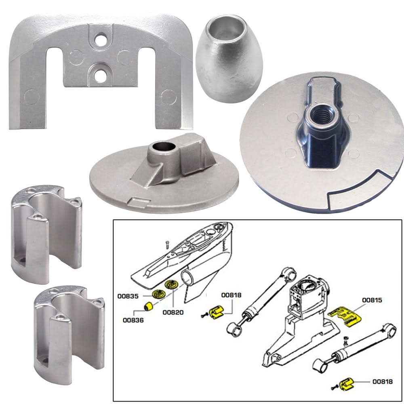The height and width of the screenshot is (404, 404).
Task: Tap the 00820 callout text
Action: (x=173, y=312)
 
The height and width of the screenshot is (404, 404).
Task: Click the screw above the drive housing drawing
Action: (x=166, y=244)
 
